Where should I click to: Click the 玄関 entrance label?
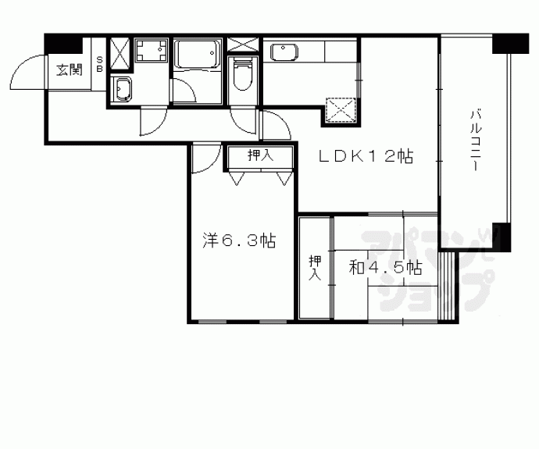point(70,69)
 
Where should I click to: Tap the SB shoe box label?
point(100,64)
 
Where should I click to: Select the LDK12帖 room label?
point(366,157)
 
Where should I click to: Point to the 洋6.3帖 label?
point(239,241)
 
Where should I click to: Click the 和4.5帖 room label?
point(385,267)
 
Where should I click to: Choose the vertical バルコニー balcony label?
point(476,140)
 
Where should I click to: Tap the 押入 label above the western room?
point(261,155)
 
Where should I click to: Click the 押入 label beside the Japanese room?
point(315,268)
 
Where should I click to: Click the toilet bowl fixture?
point(243,74)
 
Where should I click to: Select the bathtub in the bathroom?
point(197,55)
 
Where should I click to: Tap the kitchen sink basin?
point(284,52)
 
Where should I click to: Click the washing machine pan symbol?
point(151,50)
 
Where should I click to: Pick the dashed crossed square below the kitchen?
point(341,110)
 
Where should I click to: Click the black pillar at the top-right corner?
point(510,44)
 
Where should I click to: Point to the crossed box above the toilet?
point(242,45)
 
